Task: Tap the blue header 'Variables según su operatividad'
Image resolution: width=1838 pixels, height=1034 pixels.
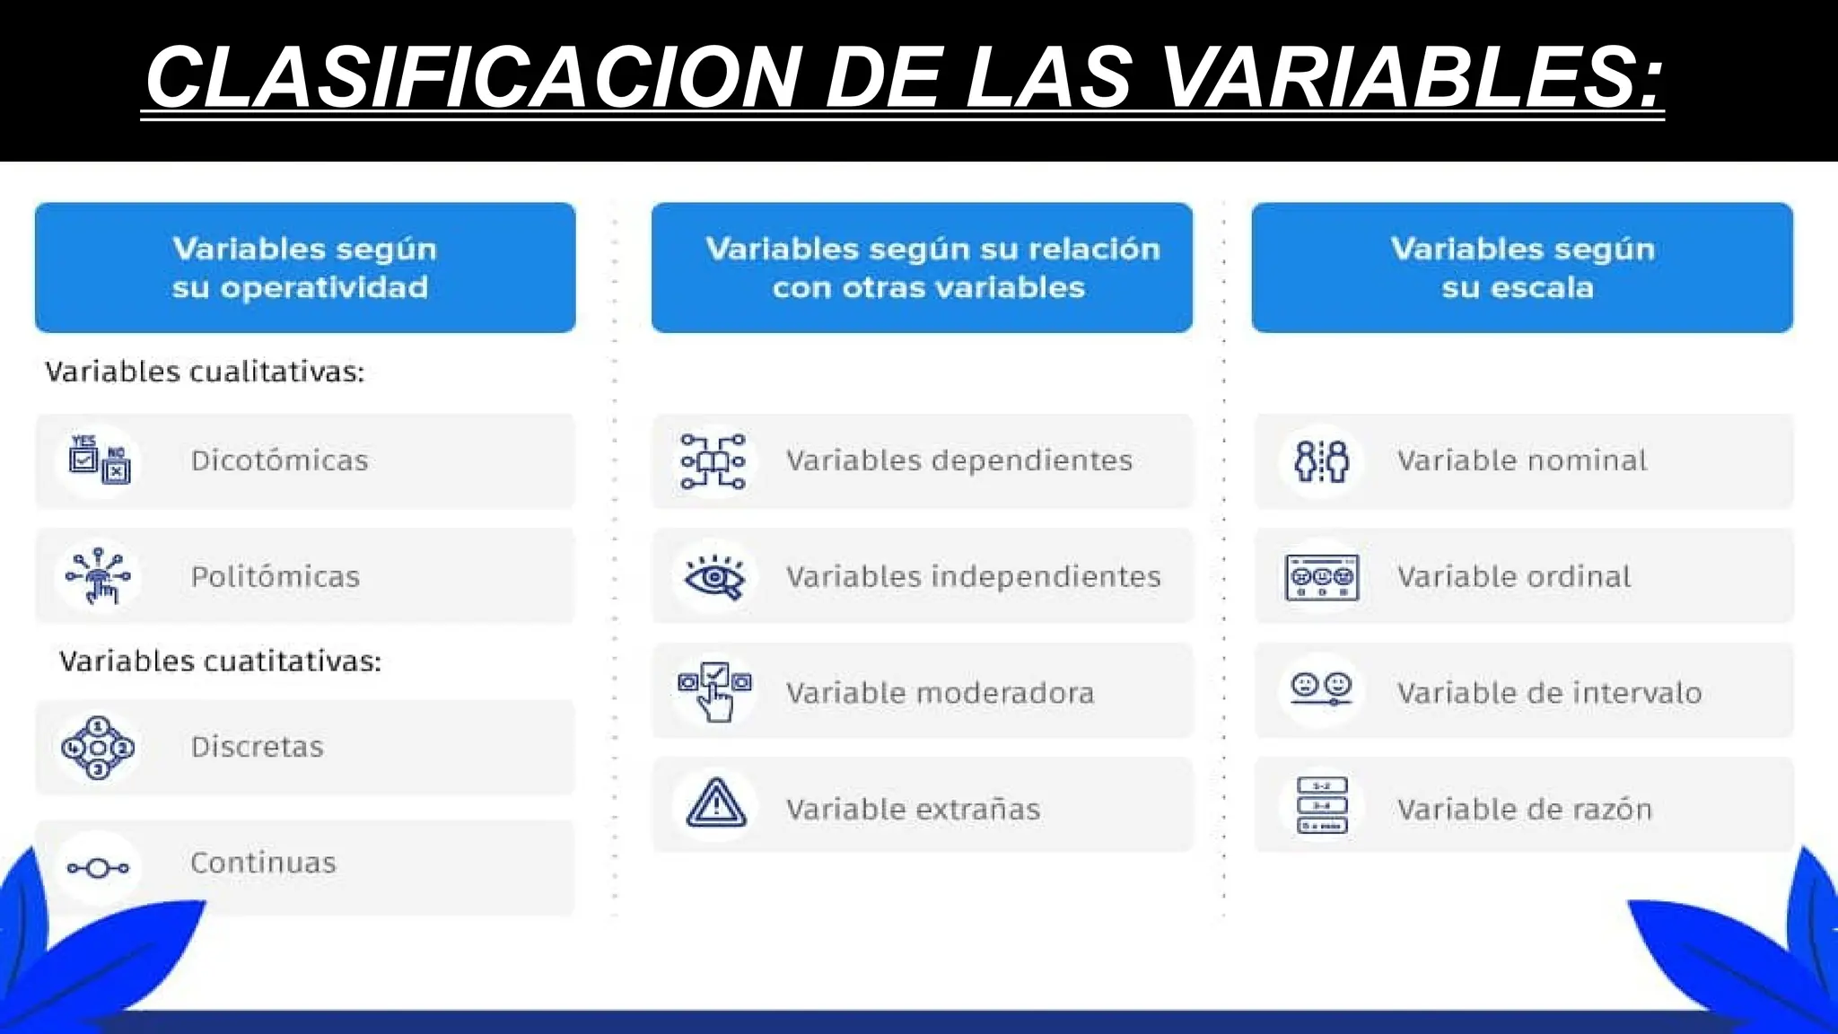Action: click(305, 267)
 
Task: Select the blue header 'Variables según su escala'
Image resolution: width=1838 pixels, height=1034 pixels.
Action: click(1522, 267)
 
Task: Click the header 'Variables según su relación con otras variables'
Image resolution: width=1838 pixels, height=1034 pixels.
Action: click(922, 267)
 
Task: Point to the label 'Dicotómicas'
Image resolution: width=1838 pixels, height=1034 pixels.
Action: click(279, 460)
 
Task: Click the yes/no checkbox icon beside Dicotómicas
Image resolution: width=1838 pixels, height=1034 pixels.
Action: click(99, 460)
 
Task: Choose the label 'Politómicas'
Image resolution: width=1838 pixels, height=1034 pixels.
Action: click(275, 576)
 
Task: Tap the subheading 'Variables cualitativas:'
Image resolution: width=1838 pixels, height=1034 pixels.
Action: click(205, 372)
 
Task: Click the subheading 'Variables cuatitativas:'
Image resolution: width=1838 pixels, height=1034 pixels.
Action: click(220, 662)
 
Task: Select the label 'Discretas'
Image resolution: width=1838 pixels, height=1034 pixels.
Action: click(257, 747)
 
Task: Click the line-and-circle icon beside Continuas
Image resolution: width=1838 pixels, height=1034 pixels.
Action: click(98, 868)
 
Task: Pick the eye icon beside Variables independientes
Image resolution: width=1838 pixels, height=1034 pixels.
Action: click(714, 577)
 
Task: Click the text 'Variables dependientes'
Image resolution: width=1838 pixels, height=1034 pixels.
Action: click(958, 460)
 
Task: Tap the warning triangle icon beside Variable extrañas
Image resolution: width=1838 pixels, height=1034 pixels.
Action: click(715, 803)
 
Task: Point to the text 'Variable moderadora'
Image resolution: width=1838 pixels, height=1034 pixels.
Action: click(940, 693)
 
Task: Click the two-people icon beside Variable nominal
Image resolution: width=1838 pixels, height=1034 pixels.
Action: click(1321, 460)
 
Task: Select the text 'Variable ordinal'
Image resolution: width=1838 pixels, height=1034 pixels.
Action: click(1513, 576)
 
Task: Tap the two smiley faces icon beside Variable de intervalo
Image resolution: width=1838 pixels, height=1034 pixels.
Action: click(1321, 688)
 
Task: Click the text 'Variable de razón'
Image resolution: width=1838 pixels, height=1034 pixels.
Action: click(1524, 810)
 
